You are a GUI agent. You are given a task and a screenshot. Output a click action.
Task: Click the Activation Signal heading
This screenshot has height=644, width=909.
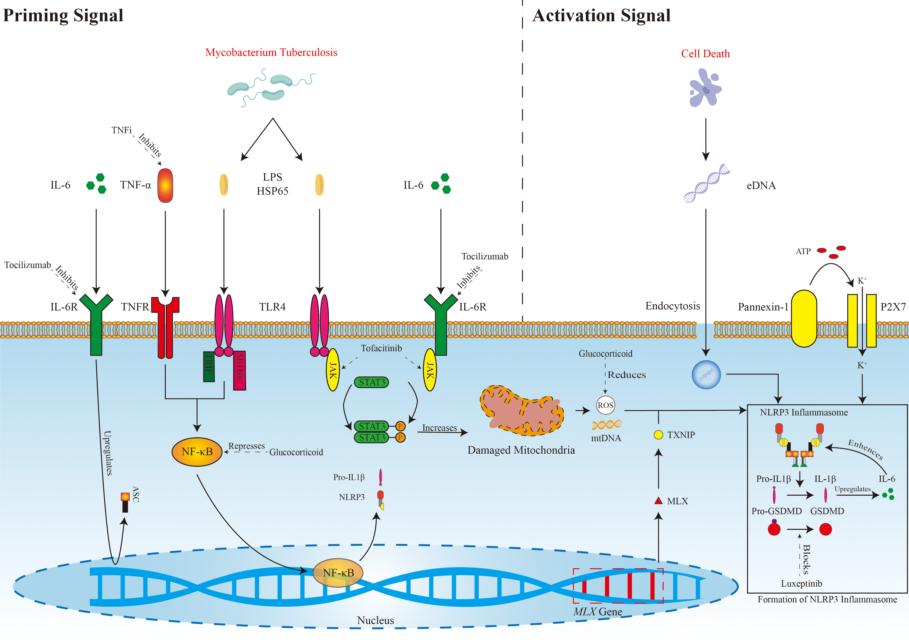601,16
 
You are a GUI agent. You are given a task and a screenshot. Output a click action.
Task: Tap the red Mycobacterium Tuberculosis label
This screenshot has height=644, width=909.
271,52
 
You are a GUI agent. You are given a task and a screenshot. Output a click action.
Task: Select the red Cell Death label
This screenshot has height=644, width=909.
705,54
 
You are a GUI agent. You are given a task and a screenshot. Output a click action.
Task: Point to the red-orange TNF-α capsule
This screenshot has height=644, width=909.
165,186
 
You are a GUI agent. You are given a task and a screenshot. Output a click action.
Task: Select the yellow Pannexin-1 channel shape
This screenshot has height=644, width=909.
804,318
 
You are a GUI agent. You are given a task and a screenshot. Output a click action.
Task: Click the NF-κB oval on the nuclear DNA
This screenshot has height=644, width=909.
338,573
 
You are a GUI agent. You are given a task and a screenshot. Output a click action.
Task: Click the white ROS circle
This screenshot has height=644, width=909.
605,405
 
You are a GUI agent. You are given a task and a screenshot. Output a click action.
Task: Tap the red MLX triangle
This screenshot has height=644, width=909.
658,501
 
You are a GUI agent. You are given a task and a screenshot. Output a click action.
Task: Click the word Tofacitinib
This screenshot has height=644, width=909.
381,348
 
